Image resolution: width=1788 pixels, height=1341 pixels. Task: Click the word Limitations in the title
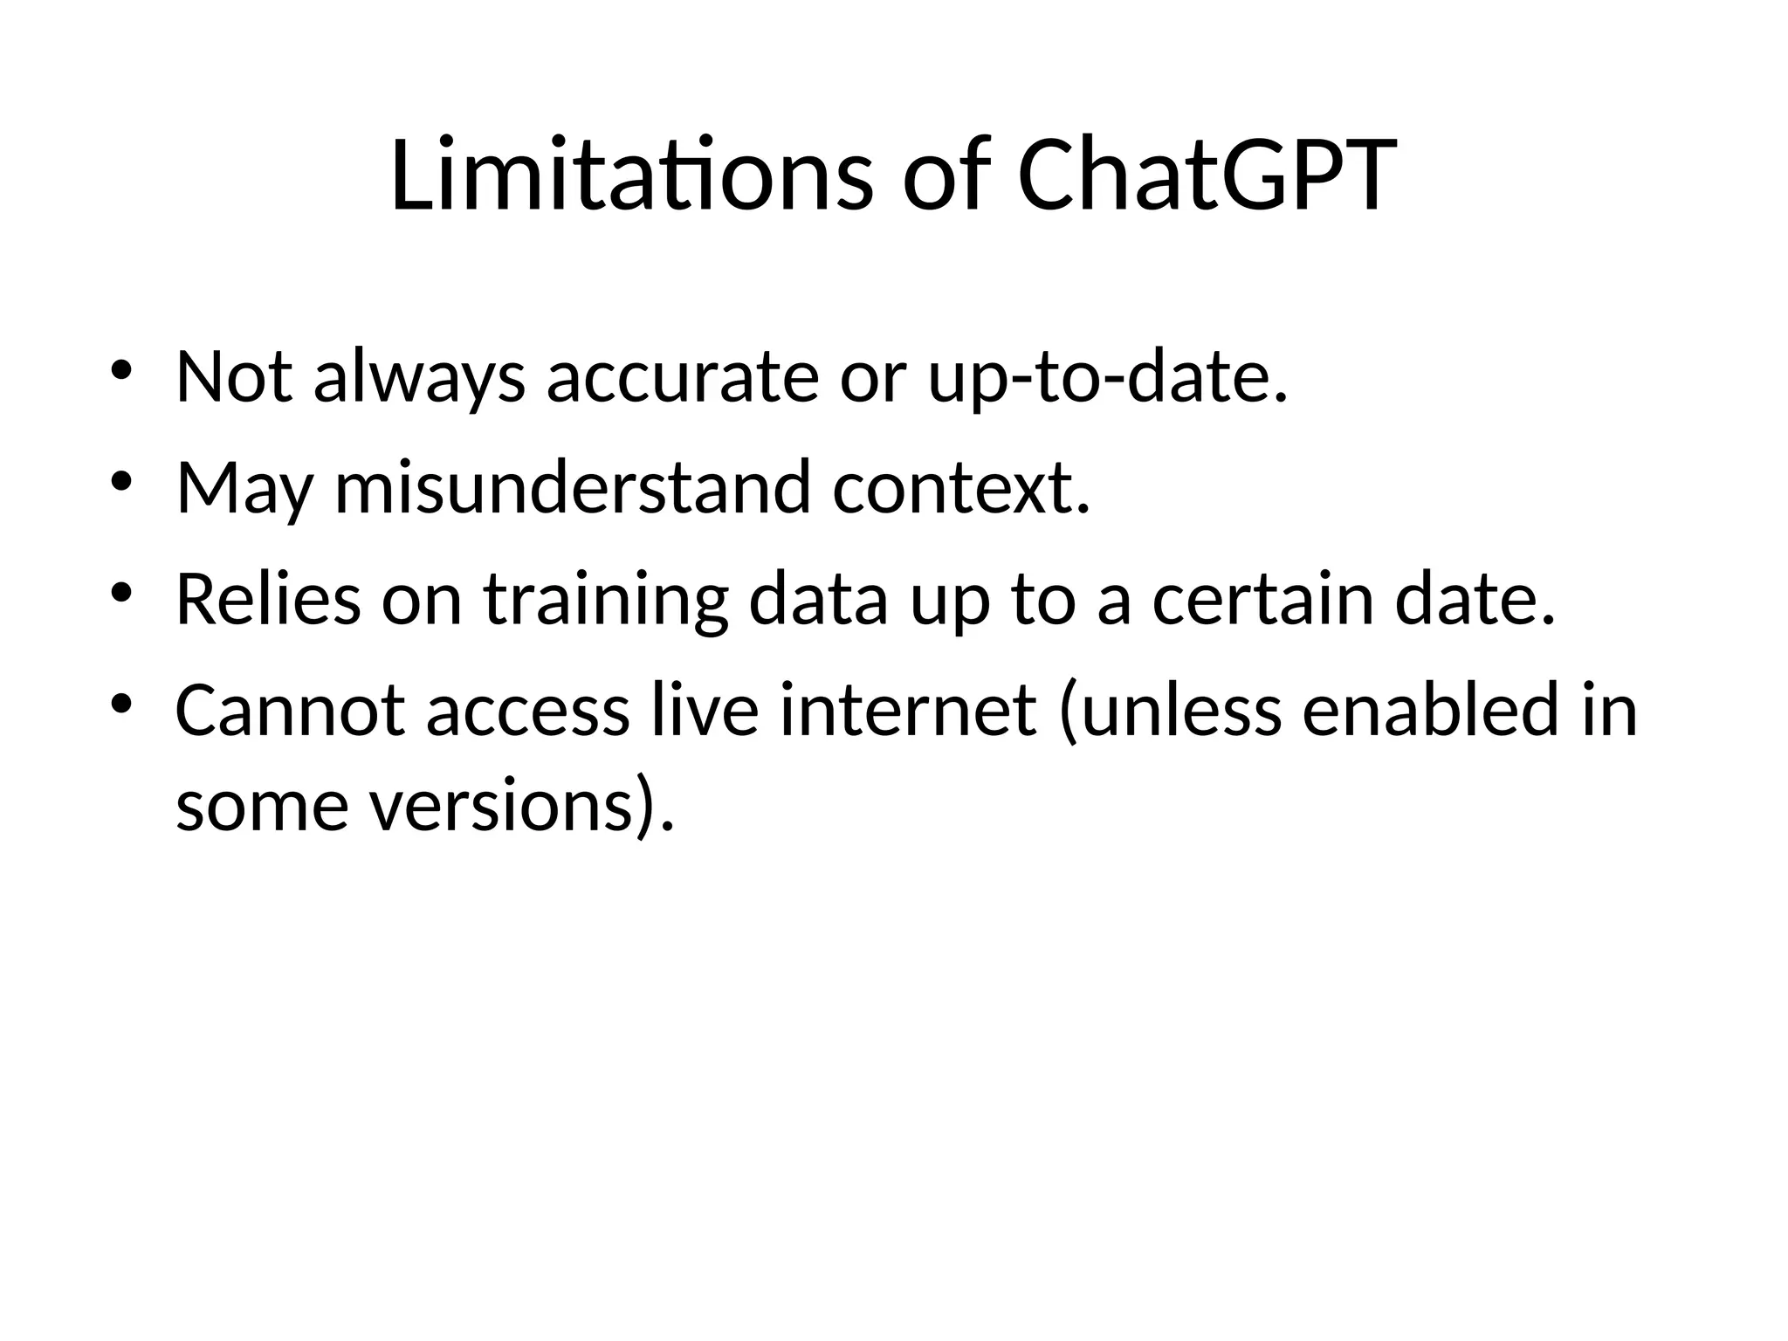pyautogui.click(x=630, y=175)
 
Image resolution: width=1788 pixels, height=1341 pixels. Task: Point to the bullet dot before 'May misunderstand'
pyautogui.click(x=120, y=482)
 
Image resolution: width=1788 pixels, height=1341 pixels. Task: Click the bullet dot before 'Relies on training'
pyautogui.click(x=120, y=594)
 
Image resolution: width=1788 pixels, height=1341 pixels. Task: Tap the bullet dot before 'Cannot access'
pyautogui.click(x=120, y=704)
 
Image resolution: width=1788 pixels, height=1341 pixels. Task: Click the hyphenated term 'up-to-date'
pyautogui.click(x=1107, y=379)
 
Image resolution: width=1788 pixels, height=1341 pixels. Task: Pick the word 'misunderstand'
pyautogui.click(x=573, y=489)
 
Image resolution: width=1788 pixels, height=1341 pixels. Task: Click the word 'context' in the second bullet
pyautogui.click(x=960, y=489)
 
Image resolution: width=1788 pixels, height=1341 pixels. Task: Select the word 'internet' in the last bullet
pyautogui.click(x=908, y=711)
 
